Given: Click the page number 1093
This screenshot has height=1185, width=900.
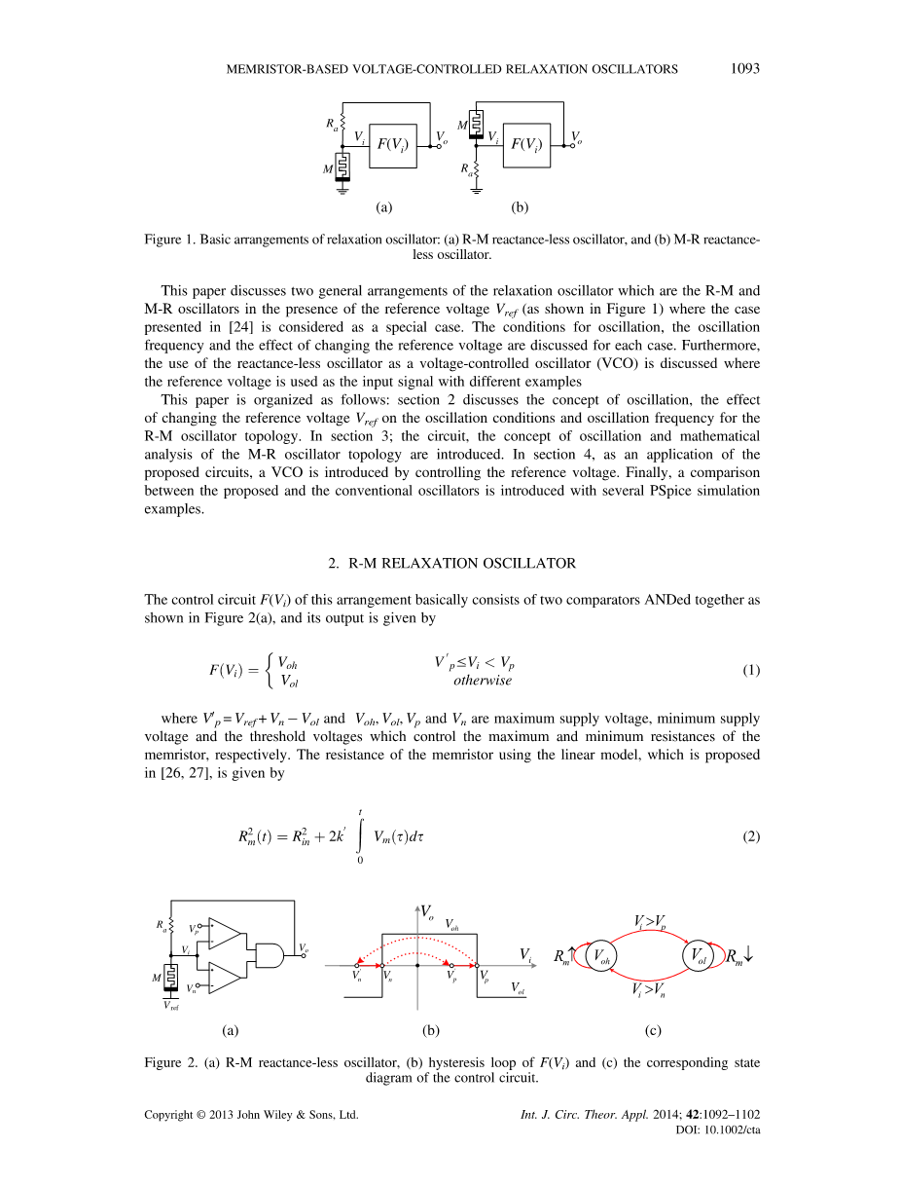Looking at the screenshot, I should (x=743, y=69).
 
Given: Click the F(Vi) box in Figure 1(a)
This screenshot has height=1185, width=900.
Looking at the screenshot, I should (x=393, y=146).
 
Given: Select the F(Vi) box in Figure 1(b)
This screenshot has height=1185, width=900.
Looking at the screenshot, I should (x=526, y=146).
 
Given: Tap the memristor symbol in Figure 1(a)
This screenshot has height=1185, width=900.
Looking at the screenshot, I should (x=342, y=167).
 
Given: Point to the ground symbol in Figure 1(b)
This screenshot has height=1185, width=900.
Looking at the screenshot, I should (x=476, y=190).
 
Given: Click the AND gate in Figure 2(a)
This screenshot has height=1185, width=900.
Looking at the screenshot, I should (x=269, y=955).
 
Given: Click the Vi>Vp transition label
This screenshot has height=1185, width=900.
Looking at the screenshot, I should (x=650, y=921).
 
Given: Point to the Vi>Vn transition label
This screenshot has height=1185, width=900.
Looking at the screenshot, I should (x=650, y=992).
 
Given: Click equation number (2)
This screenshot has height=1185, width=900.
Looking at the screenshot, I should (x=750, y=836).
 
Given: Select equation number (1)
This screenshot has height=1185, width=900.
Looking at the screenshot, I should (x=750, y=671).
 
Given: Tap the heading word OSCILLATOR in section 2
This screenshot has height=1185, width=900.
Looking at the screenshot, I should (x=531, y=564).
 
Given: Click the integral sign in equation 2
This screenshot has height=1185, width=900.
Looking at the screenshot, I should (x=360, y=834).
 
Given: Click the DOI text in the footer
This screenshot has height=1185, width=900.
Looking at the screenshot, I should (x=716, y=1129).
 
